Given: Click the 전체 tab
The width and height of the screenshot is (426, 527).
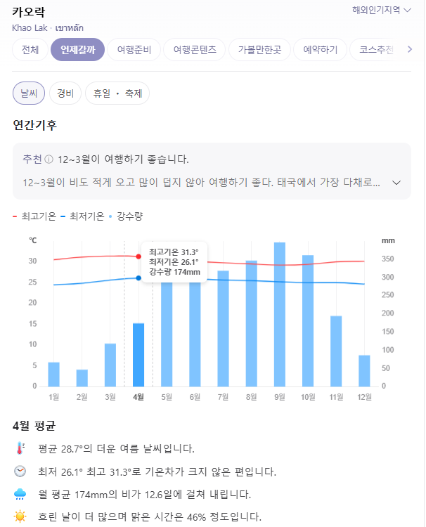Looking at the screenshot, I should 30,50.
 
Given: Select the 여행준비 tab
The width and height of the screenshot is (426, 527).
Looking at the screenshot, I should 134,50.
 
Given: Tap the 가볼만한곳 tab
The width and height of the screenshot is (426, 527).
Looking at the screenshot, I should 259,50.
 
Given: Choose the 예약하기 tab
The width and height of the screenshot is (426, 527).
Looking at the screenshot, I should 320,50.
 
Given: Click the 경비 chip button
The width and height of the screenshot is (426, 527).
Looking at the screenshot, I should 65,93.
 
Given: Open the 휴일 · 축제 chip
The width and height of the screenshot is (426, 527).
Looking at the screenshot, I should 117,93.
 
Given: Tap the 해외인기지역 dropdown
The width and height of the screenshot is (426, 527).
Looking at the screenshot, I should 381,10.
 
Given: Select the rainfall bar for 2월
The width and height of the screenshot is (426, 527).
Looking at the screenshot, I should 82,377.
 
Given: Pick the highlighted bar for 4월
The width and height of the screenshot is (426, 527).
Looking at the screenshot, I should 138,354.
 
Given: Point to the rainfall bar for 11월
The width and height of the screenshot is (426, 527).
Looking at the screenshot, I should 336,351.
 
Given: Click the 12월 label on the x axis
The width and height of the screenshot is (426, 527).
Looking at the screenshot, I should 363,397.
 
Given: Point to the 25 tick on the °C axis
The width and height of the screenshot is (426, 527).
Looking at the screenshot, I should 32,282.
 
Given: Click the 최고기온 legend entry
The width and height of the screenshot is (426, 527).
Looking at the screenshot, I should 34,216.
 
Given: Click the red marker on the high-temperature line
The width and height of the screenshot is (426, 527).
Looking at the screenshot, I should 138,256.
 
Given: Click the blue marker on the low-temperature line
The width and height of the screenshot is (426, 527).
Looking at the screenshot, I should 138,278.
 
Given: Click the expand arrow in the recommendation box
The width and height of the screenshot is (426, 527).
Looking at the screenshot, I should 396,183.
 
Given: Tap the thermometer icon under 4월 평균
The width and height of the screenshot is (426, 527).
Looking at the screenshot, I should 20,448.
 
